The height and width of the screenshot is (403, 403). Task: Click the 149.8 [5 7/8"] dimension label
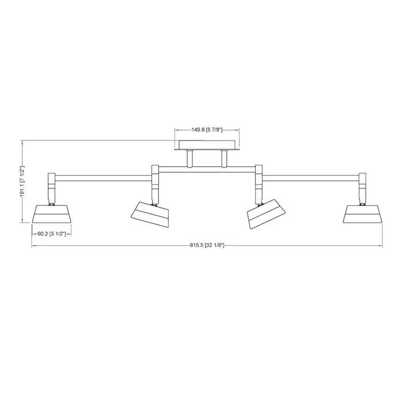(207, 130)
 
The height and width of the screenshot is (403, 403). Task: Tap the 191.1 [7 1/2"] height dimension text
(22, 181)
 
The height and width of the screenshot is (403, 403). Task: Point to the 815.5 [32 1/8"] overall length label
(207, 245)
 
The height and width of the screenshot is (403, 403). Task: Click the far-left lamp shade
(51, 214)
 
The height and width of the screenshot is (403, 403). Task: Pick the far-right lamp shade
(363, 214)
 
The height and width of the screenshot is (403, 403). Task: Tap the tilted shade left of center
(150, 214)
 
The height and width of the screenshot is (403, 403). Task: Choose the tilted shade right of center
(266, 214)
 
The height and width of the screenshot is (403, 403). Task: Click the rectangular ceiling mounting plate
(207, 145)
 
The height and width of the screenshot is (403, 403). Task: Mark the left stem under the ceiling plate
(190, 158)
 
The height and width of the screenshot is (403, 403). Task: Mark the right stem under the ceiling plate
(224, 158)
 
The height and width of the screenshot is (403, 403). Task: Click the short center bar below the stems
(207, 169)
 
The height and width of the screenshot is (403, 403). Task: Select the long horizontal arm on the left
(103, 178)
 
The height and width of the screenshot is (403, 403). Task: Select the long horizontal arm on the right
(311, 178)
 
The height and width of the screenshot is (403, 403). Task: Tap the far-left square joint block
(52, 178)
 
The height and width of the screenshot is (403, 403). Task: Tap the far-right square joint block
(363, 178)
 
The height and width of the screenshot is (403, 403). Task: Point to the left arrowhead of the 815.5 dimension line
(33, 246)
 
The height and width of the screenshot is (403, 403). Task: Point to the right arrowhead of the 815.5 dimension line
(381, 246)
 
